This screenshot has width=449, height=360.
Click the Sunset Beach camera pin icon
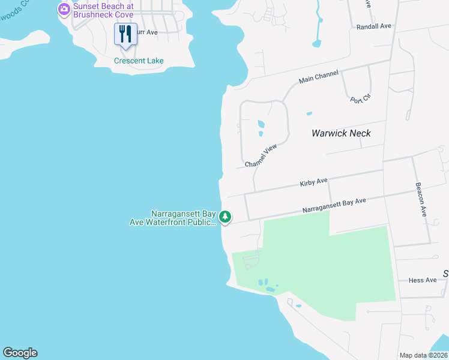point(64,10)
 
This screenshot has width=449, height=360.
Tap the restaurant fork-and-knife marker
point(125,34)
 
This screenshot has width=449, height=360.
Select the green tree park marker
point(225,217)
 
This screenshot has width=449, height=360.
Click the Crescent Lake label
point(139,61)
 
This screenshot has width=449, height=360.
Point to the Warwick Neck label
point(341,133)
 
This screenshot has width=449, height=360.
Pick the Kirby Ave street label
point(314,181)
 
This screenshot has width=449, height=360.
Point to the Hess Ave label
point(423,280)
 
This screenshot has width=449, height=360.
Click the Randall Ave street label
point(373,26)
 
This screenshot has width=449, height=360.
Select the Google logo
point(20,353)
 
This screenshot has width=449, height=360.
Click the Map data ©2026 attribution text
point(424,355)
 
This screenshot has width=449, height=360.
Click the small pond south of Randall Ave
point(316,43)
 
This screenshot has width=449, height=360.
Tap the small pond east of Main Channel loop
point(309,113)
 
